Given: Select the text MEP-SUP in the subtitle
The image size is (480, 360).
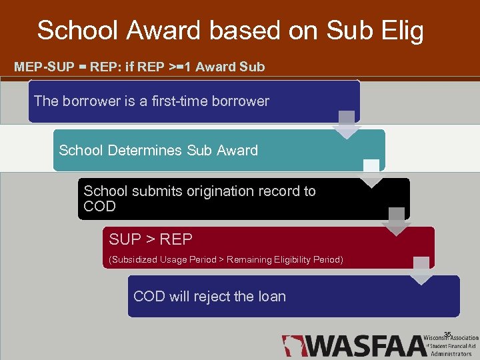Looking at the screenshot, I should coord(39,67).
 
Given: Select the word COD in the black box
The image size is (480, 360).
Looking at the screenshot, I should coord(99,207).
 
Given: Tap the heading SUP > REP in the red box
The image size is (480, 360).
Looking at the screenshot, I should coord(151,239).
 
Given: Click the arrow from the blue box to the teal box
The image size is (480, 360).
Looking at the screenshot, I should coord(347,125).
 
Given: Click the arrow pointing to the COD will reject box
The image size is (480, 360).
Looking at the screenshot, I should coord(421,270).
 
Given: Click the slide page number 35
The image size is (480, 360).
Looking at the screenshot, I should coord(447,334).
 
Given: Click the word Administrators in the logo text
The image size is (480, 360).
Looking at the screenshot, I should coord(451,354).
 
